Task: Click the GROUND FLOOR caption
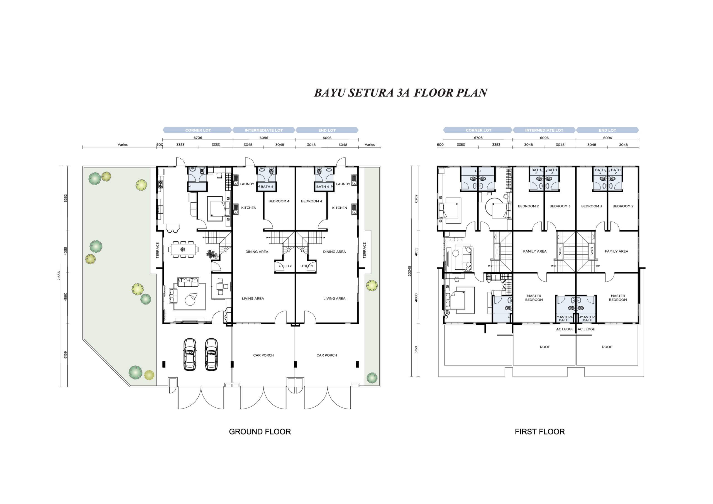[x=260, y=432]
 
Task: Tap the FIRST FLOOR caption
[x=540, y=432]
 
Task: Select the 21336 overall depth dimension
[x=59, y=276]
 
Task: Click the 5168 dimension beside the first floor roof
[x=416, y=350]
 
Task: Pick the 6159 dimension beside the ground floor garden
[x=65, y=355]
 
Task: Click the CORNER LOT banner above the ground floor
[x=197, y=130]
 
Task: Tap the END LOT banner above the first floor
[x=607, y=130]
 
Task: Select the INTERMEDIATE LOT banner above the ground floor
[x=264, y=130]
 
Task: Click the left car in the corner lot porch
[x=190, y=354]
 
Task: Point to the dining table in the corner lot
[x=183, y=249]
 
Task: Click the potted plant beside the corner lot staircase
[x=213, y=254]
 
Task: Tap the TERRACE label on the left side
[x=157, y=250]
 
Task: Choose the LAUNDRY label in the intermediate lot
[x=247, y=184]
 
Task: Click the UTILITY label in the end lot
[x=307, y=266]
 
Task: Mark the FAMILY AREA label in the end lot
[x=616, y=251]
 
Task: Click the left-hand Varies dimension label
[x=123, y=145]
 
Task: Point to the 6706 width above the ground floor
[x=198, y=138]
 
